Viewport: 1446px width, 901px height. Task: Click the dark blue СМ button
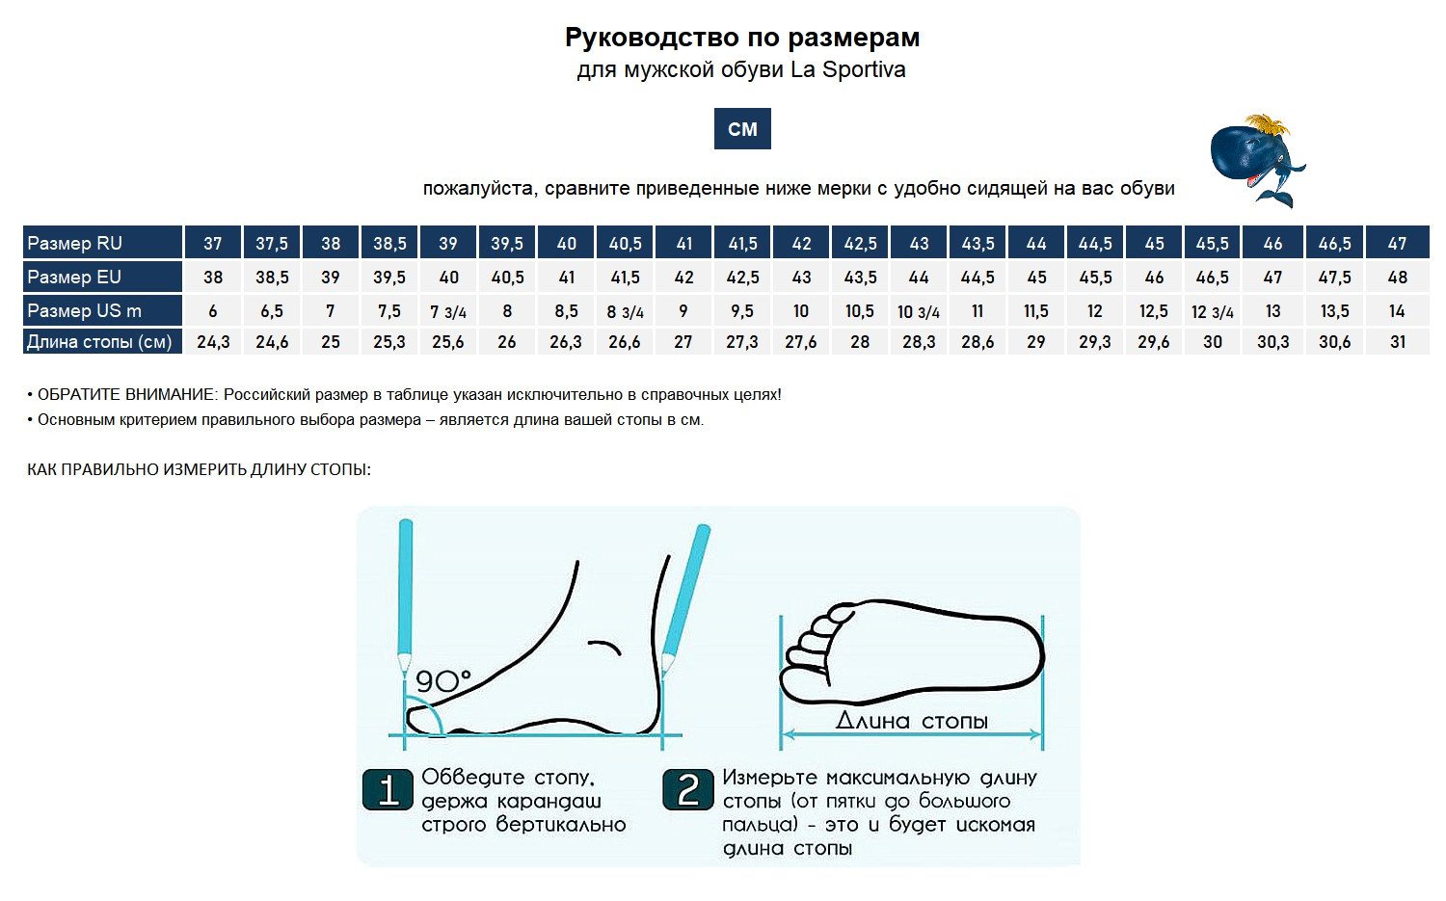coord(741,128)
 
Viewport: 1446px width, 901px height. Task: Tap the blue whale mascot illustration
coord(1255,160)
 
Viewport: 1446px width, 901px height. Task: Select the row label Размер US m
coord(84,310)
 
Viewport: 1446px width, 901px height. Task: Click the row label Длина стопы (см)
coord(99,341)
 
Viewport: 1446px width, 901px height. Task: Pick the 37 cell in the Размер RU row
coord(213,244)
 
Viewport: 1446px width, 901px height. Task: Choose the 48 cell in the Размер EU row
coord(1398,277)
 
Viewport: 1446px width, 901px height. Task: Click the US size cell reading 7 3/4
coord(448,311)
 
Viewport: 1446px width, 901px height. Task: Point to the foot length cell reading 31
coord(1398,341)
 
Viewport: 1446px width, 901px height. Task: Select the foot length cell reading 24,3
coord(213,341)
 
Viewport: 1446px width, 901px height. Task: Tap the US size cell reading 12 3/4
coord(1213,311)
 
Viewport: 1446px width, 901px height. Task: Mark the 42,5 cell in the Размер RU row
coord(861,244)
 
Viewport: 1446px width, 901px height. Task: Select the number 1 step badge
coord(388,789)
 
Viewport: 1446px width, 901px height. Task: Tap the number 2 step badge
coord(688,789)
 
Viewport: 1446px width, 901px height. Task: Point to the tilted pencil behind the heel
coord(685,600)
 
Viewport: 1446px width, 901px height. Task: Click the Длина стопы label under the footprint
coord(912,720)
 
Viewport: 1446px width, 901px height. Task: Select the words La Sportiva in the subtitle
coord(847,69)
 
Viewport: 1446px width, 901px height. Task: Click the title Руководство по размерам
coord(742,38)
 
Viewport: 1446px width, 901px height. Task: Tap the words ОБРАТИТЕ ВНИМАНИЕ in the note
coord(125,394)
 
